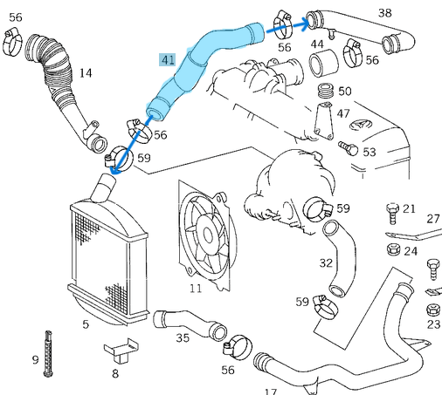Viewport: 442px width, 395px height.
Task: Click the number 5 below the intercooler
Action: click(x=86, y=324)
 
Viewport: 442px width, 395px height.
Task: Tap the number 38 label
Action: click(x=384, y=12)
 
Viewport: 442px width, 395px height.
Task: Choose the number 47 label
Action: click(x=343, y=113)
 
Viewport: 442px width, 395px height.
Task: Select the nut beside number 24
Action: click(x=392, y=251)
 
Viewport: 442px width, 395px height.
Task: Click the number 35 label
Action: click(x=183, y=337)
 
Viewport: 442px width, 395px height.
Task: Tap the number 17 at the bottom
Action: click(x=270, y=392)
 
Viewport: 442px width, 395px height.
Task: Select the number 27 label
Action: click(x=433, y=219)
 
